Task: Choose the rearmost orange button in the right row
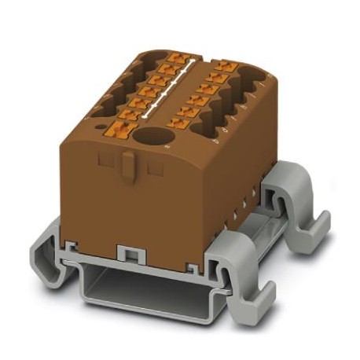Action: click(227, 69)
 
